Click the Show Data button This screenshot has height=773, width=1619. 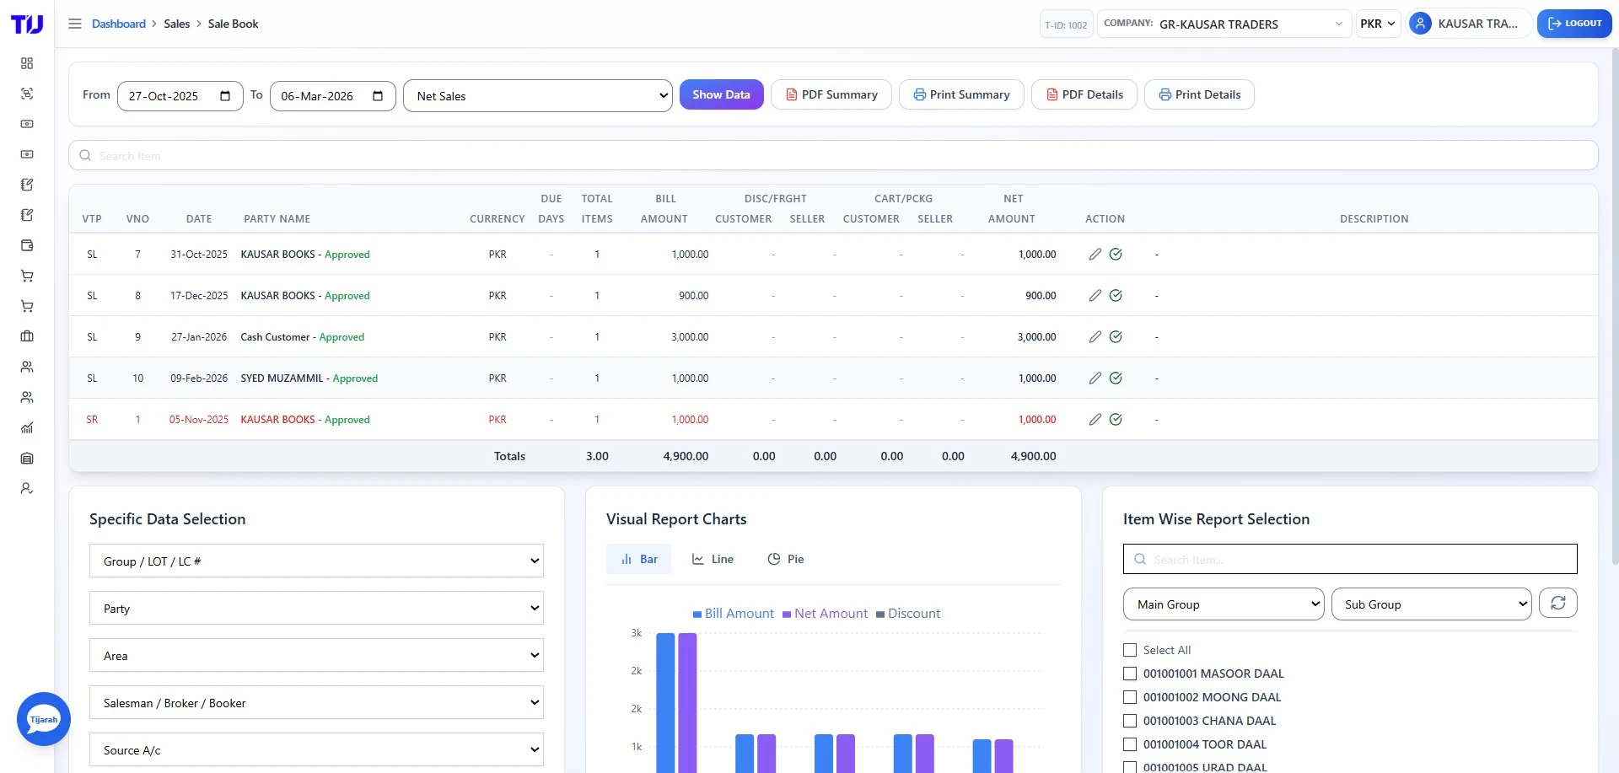[721, 94]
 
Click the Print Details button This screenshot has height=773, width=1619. [1198, 94]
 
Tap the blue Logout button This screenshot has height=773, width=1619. [1573, 24]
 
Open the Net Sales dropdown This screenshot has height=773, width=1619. [537, 96]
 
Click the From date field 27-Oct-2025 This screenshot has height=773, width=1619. [180, 96]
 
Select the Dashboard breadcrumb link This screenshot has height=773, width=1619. [118, 24]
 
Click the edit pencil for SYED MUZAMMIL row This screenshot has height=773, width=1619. [1095, 378]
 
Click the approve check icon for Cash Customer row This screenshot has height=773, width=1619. [1116, 337]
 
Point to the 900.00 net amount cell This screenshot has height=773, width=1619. [1040, 296]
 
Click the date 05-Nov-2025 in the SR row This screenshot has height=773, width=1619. [199, 420]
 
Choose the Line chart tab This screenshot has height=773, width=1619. [713, 559]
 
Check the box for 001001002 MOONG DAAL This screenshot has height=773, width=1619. [1130, 697]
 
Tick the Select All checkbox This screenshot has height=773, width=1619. [1130, 650]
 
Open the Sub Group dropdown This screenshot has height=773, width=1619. [1431, 604]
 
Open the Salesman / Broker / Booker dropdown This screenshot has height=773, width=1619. [316, 703]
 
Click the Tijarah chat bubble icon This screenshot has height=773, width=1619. [44, 719]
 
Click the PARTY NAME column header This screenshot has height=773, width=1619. [277, 219]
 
